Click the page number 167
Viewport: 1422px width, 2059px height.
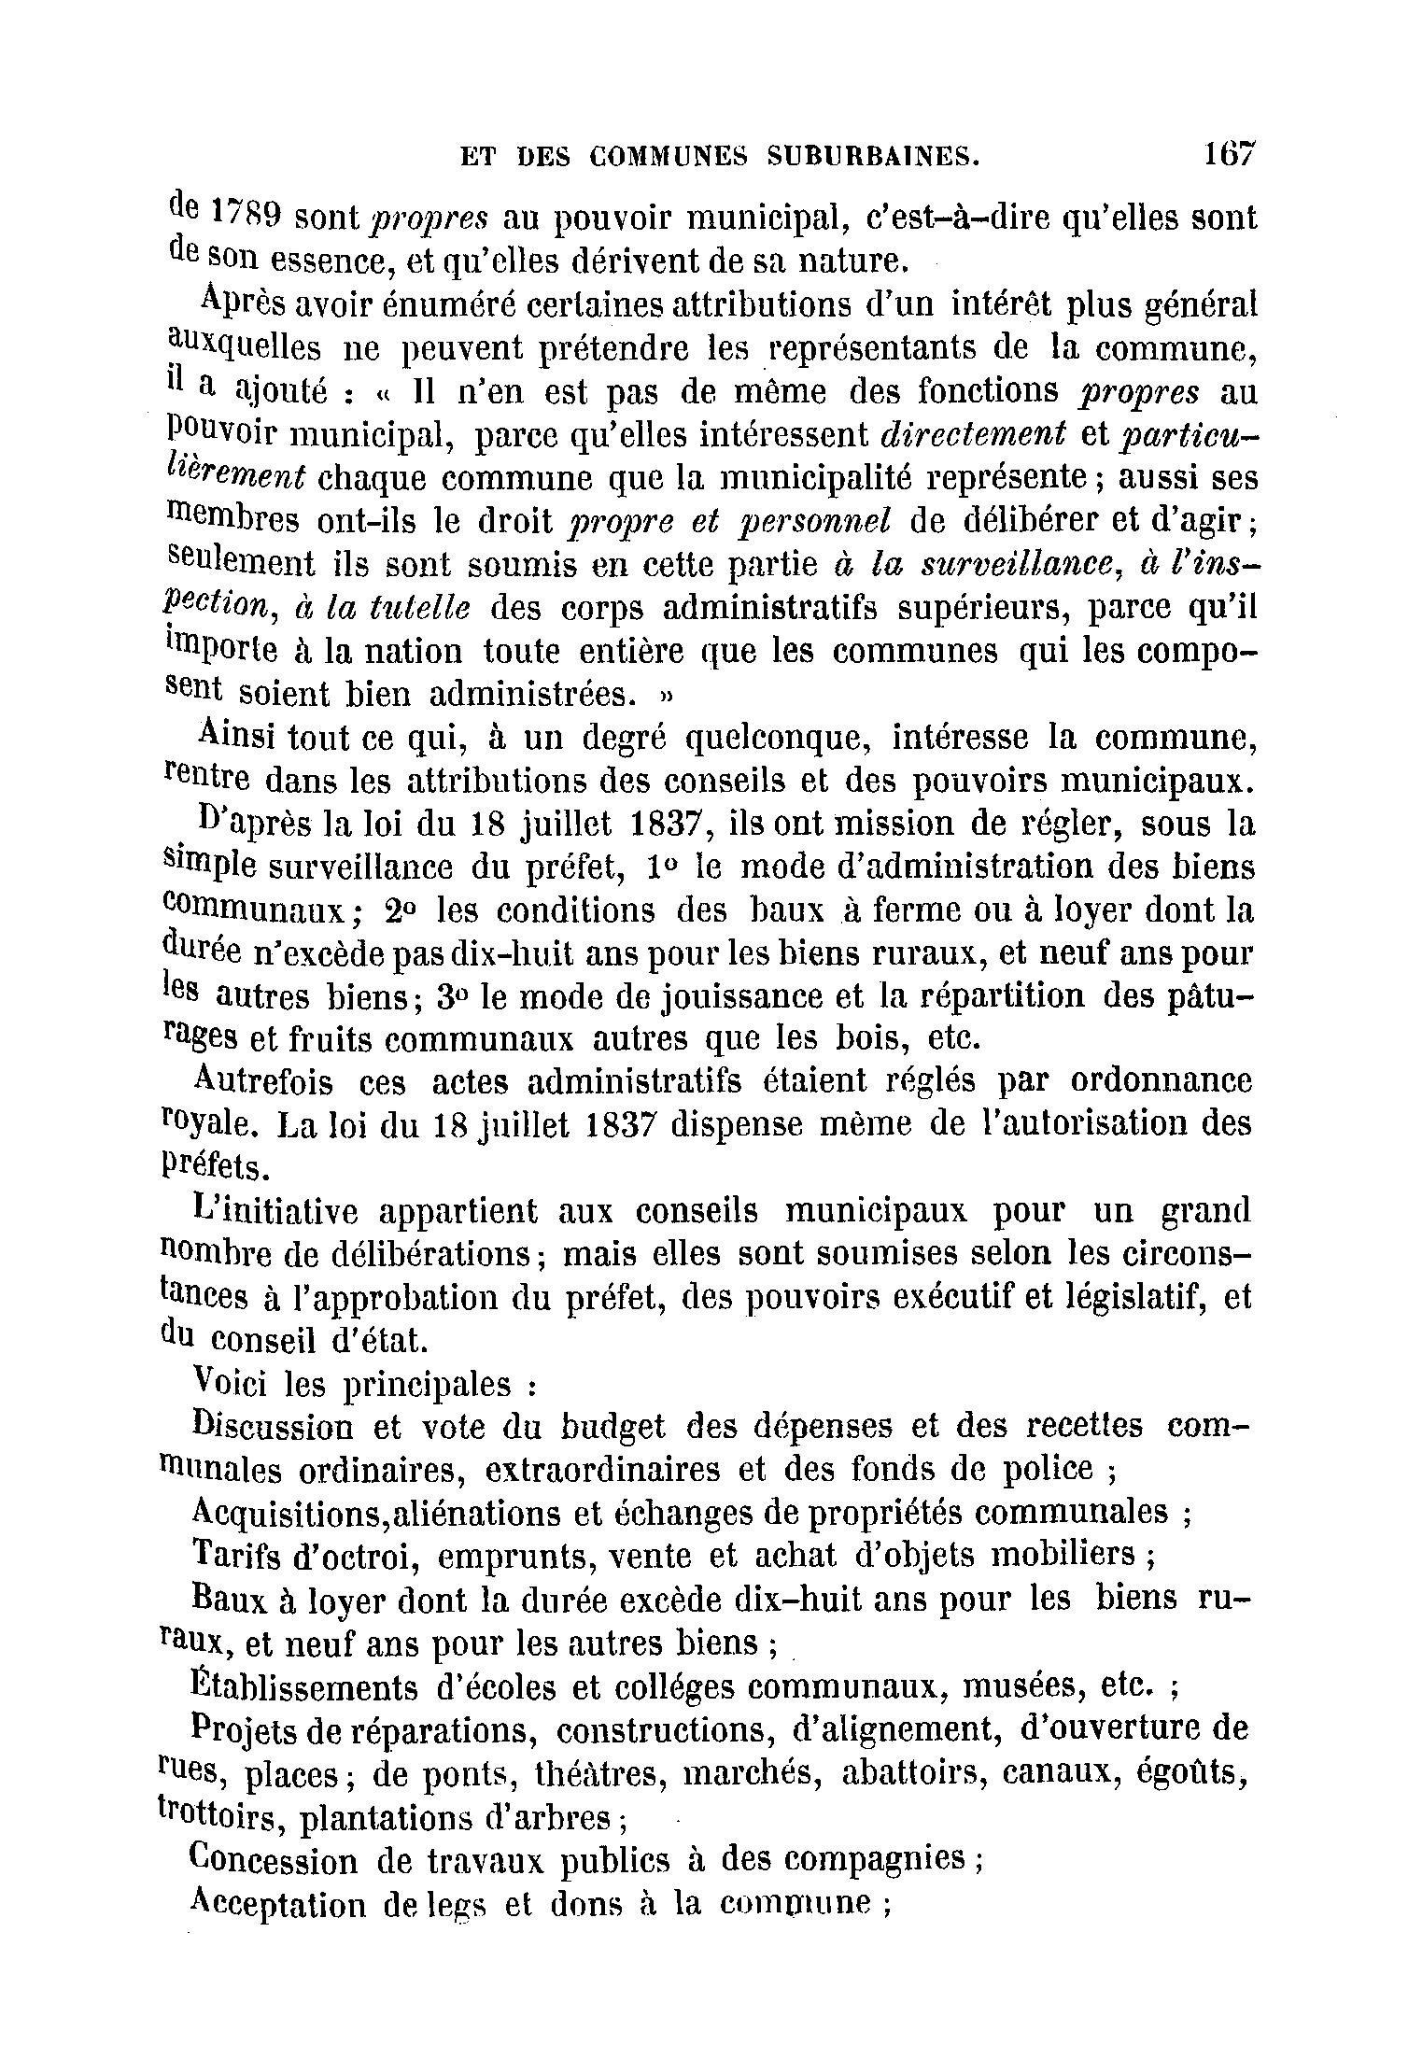click(x=1230, y=155)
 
